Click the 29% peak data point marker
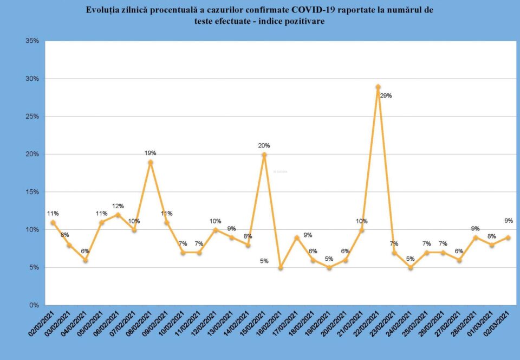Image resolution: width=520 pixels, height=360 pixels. pyautogui.click(x=378, y=87)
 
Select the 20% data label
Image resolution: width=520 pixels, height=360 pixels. pyautogui.click(x=264, y=145)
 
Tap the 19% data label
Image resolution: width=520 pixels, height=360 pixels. pyautogui.click(x=150, y=153)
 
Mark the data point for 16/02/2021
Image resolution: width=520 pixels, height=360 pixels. pyautogui.click(x=281, y=267)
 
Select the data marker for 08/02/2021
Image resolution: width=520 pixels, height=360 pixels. pyautogui.click(x=151, y=162)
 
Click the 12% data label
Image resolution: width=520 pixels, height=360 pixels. pyautogui.click(x=118, y=206)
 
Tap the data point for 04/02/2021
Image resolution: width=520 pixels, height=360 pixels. pyautogui.click(x=86, y=260)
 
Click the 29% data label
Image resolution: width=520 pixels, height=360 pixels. pyautogui.click(x=386, y=96)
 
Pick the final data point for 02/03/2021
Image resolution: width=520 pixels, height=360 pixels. pyautogui.click(x=508, y=237)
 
